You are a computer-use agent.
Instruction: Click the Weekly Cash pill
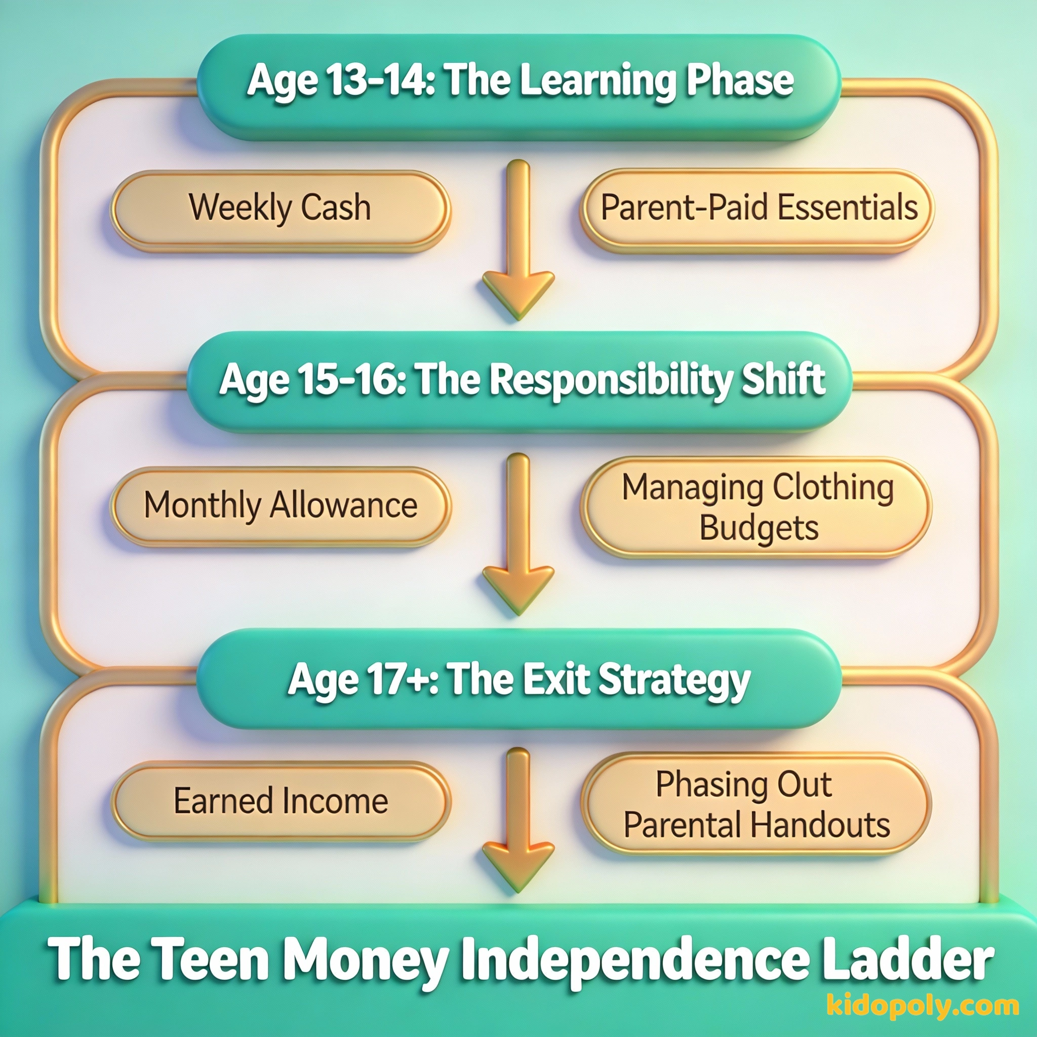pos(281,211)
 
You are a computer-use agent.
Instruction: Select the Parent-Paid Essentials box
pos(757,211)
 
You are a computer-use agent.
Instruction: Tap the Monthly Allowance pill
pos(281,507)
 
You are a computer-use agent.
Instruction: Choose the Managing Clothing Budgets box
pos(757,507)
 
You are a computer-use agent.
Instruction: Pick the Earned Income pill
pos(281,802)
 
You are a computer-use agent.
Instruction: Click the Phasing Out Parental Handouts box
pos(757,804)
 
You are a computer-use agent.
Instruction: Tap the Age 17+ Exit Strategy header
pos(518,679)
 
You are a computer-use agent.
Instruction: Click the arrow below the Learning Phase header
pos(518,240)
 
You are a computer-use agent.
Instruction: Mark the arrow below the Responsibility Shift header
pos(518,534)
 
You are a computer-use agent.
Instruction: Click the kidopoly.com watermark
pos(923,1004)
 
